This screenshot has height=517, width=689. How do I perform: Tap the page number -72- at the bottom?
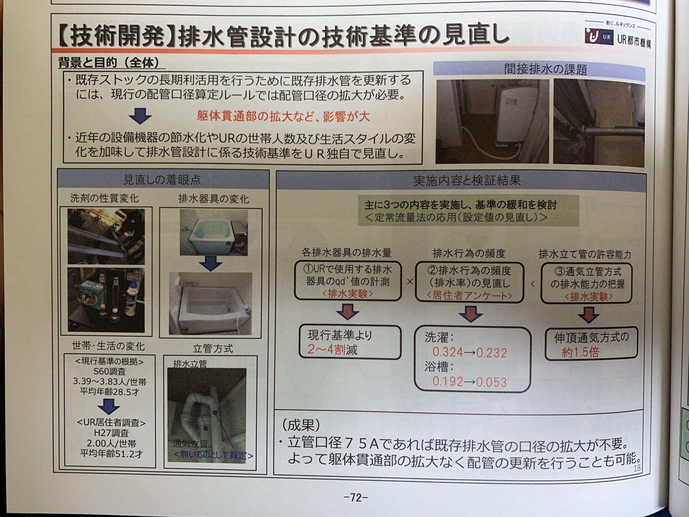tap(356, 497)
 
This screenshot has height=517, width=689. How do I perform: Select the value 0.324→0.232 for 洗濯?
tap(469, 352)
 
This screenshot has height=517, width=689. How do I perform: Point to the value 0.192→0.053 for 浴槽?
tap(469, 382)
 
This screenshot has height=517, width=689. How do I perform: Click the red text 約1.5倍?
tap(580, 352)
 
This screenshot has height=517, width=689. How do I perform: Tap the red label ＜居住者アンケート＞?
tap(469, 296)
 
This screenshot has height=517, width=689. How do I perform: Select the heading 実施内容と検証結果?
tap(467, 181)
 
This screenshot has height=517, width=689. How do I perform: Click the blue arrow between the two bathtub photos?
tap(211, 263)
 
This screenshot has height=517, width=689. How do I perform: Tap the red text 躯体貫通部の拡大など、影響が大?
tap(283, 116)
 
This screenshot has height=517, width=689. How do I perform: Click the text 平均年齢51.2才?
tap(111, 454)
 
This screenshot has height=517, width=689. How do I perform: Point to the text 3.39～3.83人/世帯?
tap(110, 382)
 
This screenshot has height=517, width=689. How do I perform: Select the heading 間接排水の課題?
tap(545, 69)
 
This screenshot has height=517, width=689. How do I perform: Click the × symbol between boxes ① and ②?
tap(409, 282)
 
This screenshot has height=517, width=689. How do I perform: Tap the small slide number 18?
tap(637, 468)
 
